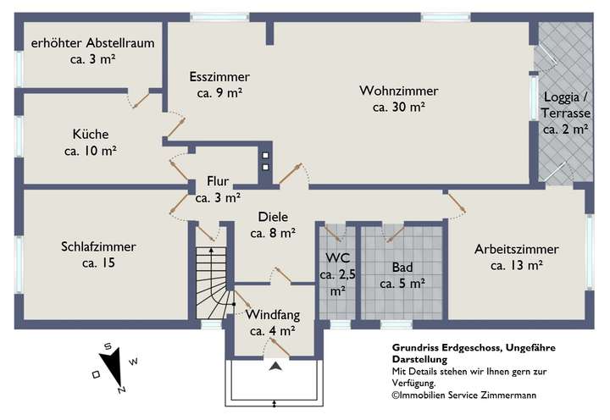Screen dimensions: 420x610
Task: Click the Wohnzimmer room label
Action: [398, 91]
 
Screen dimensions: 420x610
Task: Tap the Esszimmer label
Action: [219, 77]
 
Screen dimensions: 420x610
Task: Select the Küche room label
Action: [91, 134]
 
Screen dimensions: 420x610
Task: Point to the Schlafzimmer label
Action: [98, 247]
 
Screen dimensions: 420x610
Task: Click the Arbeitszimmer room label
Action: [516, 249]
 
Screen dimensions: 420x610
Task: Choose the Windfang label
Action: [272, 316]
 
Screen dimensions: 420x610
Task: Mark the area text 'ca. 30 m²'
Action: [398, 107]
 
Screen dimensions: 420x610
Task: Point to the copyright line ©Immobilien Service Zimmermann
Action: [463, 395]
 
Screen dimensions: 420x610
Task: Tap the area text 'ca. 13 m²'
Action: [516, 265]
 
